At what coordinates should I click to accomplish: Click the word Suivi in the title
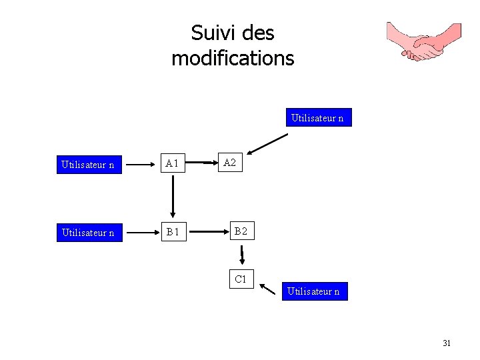pyautogui.click(x=208, y=33)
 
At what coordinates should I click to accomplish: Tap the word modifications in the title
pyautogui.click(x=232, y=59)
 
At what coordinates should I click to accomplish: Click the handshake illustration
pyautogui.click(x=425, y=41)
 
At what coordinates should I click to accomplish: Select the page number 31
pyautogui.click(x=447, y=343)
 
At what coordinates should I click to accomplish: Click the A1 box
pyautogui.click(x=173, y=163)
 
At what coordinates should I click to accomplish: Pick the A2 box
pyautogui.click(x=229, y=163)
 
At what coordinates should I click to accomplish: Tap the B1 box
pyautogui.click(x=173, y=233)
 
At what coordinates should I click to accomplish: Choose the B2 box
pyautogui.click(x=240, y=232)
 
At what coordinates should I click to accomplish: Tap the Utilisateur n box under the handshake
pyautogui.click(x=317, y=119)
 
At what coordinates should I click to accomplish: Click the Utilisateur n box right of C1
pyautogui.click(x=314, y=291)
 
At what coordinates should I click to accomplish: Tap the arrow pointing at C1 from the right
pyautogui.click(x=268, y=289)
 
